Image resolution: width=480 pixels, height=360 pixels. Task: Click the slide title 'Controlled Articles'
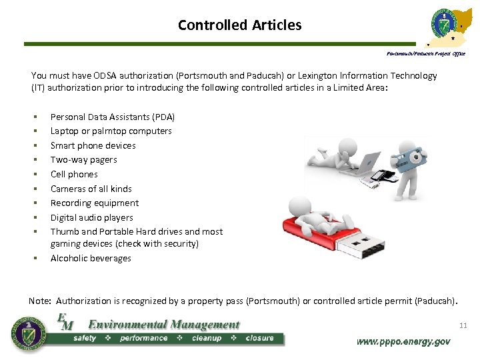[x=239, y=25]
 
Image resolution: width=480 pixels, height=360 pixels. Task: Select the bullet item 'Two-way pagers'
[x=83, y=160]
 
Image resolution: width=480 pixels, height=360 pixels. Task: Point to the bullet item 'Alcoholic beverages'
[x=91, y=259]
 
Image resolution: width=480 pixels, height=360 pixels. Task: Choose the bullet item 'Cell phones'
[x=74, y=175]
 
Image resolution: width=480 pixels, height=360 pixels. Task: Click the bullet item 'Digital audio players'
[x=91, y=218]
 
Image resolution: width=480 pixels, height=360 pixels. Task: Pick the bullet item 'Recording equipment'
[x=95, y=203]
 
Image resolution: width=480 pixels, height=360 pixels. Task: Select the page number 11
[x=463, y=325]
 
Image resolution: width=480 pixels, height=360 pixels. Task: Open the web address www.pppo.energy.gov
[x=403, y=341]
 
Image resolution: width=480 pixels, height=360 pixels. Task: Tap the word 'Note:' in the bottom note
[x=41, y=301]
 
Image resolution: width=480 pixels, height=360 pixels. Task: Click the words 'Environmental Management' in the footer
[x=163, y=325]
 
